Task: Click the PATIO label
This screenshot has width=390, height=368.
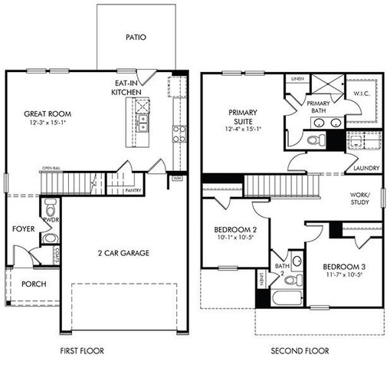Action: tap(135, 36)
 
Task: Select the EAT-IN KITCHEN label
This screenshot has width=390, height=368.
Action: tap(127, 87)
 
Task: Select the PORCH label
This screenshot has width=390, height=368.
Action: tap(34, 284)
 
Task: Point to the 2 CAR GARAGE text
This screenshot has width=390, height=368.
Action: tap(123, 253)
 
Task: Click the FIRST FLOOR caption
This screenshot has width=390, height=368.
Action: tap(83, 351)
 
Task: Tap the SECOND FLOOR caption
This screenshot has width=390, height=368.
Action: tap(300, 351)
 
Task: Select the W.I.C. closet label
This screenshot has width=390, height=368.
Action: tap(362, 95)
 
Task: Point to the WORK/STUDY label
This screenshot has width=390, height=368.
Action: tap(359, 199)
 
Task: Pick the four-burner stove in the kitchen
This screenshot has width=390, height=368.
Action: tap(179, 134)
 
